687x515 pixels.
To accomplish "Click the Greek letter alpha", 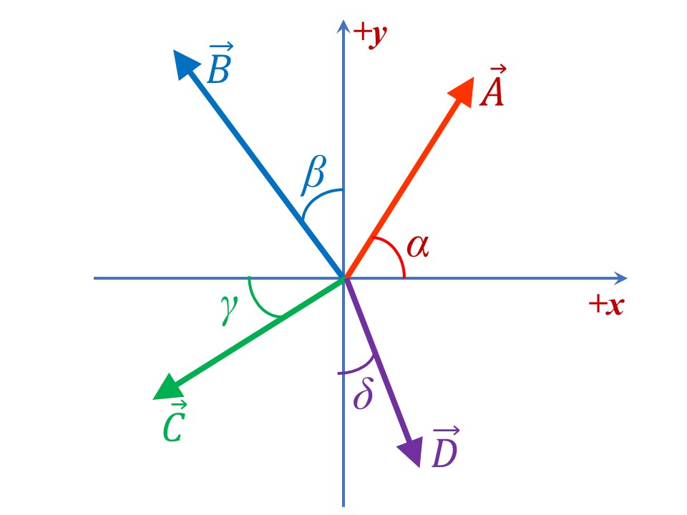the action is (x=418, y=246).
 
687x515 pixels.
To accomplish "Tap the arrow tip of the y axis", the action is (x=344, y=24).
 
